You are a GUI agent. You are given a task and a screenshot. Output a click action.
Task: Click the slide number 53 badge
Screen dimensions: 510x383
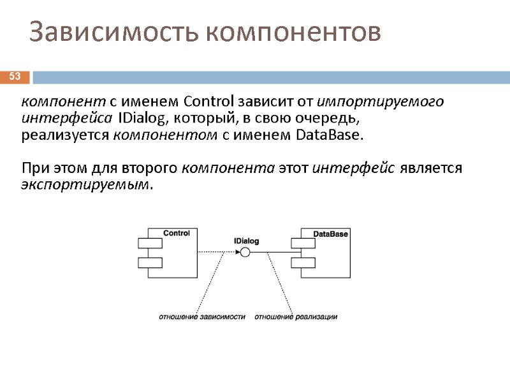coord(15,77)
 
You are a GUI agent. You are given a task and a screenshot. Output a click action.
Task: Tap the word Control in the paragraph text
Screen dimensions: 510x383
coord(208,102)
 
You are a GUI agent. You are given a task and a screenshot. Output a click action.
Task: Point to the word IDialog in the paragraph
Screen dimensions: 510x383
coord(142,119)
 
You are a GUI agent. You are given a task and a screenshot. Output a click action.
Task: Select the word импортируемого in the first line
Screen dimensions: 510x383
coord(381,102)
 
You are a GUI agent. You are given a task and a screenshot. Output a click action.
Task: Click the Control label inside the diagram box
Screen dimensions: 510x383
coord(177,234)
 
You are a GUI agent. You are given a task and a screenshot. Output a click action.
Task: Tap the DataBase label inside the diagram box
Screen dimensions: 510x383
coord(331,234)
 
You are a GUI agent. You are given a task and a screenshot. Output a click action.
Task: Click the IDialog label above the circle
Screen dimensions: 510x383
coord(246,241)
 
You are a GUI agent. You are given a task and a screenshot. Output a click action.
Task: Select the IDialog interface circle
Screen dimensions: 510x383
coord(245,253)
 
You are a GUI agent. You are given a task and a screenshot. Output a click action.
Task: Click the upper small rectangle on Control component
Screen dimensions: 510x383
coord(150,243)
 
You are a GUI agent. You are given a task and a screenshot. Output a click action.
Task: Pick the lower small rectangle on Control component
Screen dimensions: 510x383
coord(150,262)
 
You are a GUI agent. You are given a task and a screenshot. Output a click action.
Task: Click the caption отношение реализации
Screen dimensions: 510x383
coord(296,317)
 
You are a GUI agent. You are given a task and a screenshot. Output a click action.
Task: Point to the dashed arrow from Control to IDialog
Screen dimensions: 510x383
coord(217,253)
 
